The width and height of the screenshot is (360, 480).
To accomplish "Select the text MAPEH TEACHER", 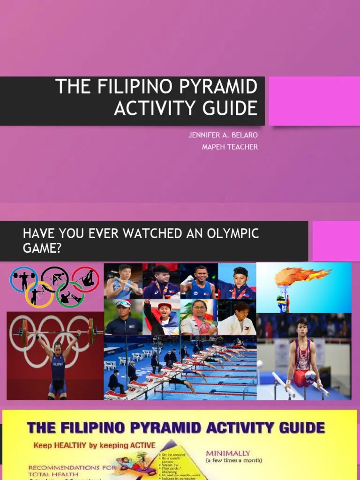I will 230,147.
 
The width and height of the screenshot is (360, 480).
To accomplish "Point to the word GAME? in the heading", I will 42,248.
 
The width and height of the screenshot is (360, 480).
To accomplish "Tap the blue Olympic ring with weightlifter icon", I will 23,279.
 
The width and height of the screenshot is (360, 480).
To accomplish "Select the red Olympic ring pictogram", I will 86,278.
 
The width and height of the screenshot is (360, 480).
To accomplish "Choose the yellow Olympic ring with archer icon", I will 38,294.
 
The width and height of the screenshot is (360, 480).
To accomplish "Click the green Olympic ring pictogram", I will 70,294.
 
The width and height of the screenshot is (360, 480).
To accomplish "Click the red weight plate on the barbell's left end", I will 25,333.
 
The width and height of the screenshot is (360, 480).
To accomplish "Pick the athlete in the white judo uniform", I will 238,319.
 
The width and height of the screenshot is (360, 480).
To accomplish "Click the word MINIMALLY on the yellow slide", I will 228,453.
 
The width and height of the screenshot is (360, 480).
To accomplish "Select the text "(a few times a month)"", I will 234,461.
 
